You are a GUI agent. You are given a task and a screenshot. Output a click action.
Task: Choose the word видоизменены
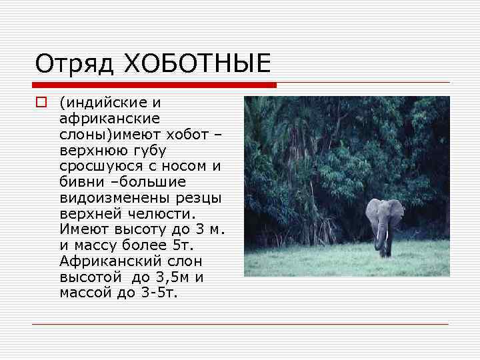(109, 197)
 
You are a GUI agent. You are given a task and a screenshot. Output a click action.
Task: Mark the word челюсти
(161, 213)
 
